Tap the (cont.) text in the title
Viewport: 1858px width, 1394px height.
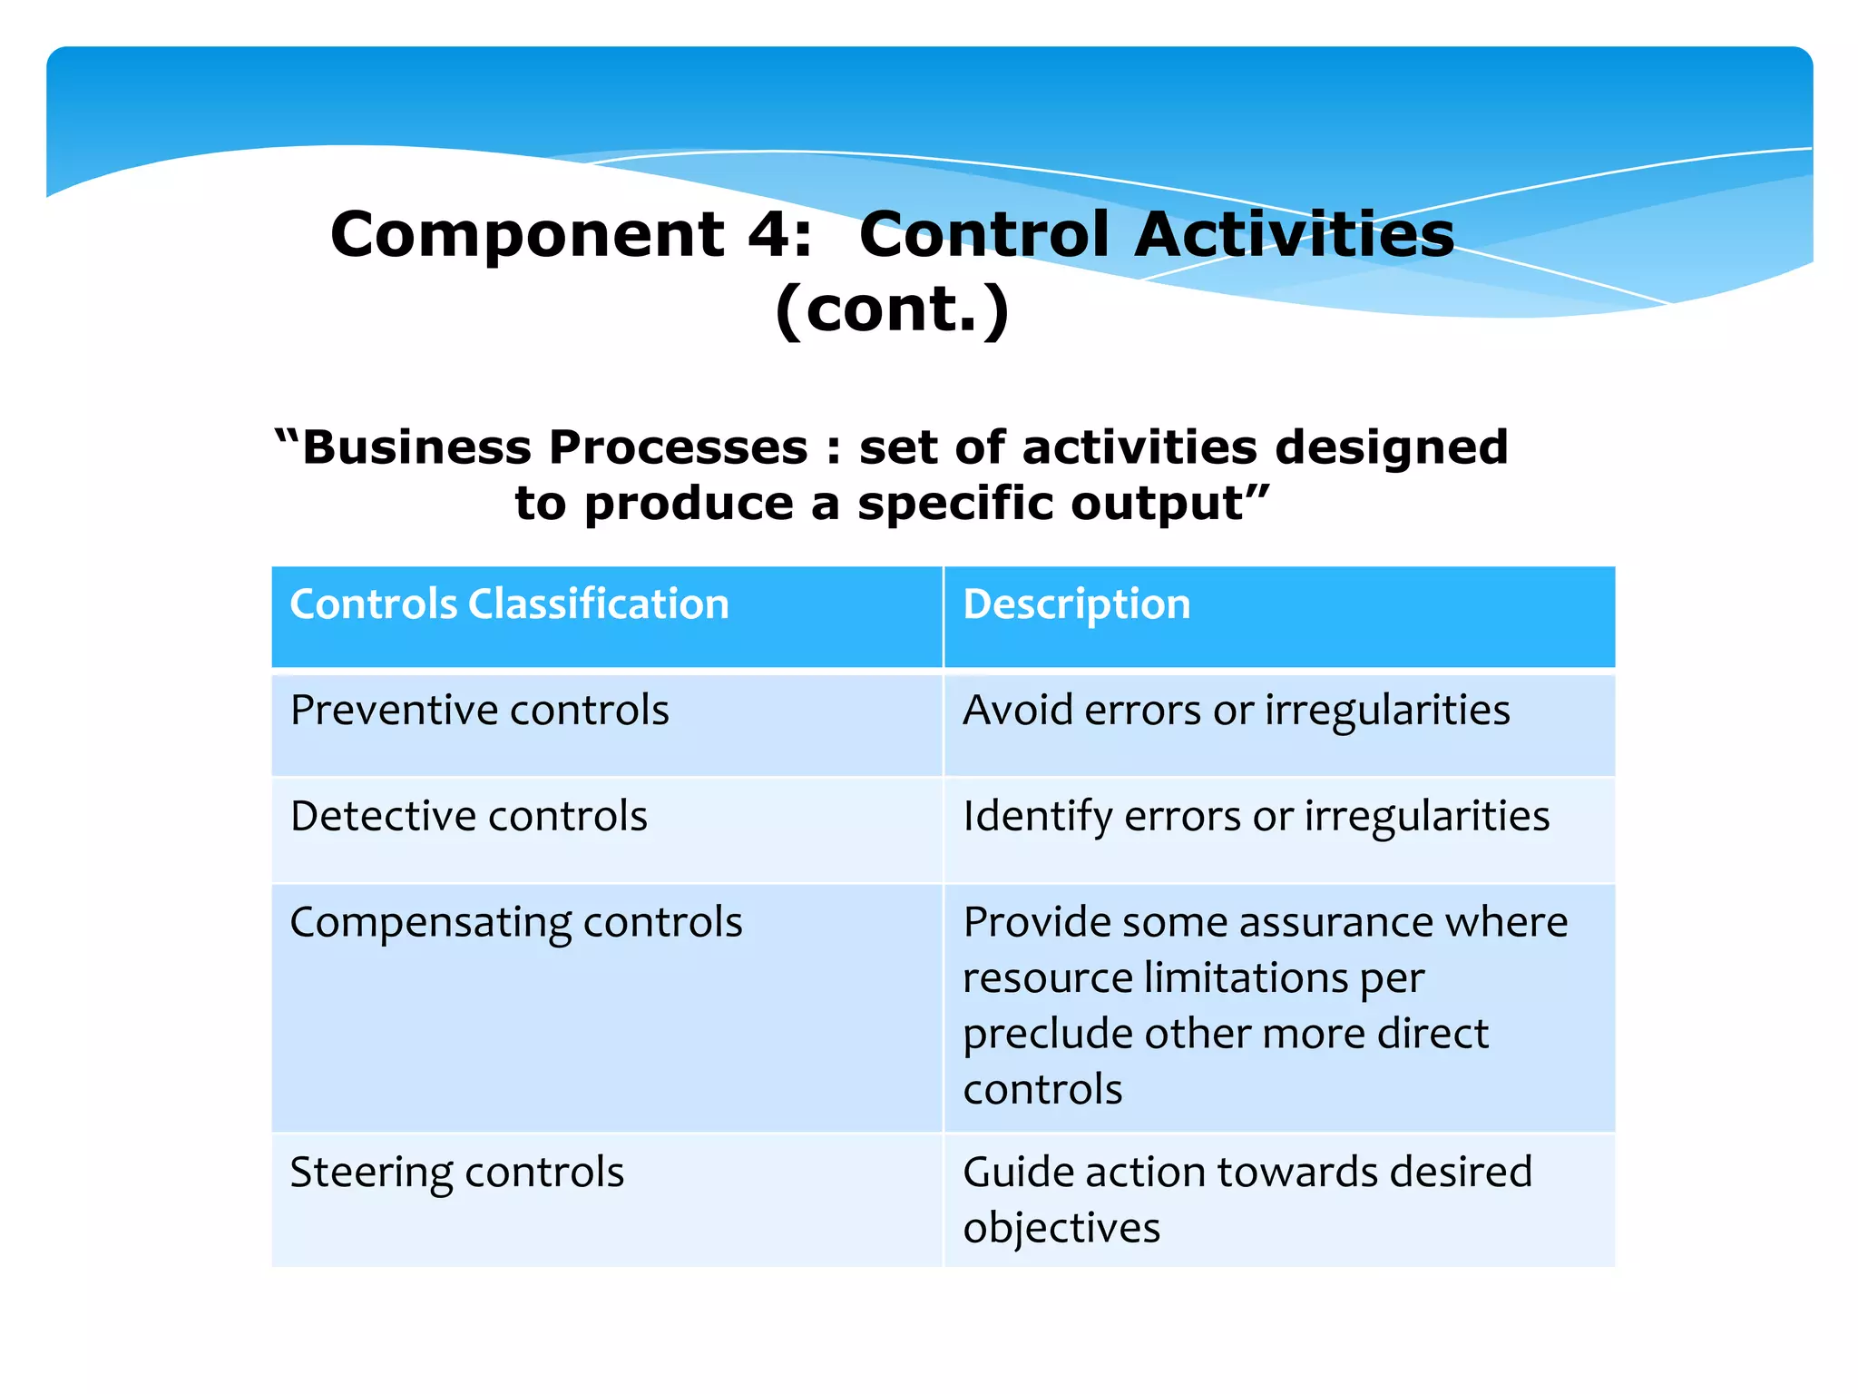[x=892, y=309]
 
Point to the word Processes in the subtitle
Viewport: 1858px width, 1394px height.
[x=678, y=447]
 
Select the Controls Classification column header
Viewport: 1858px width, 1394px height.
[x=509, y=604]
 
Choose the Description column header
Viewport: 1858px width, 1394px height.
[x=1076, y=604]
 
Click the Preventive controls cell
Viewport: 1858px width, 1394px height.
[x=479, y=711]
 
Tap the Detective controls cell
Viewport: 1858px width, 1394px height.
[x=468, y=816]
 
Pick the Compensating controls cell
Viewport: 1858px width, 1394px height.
[x=515, y=922]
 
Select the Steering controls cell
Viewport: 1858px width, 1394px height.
[x=456, y=1172]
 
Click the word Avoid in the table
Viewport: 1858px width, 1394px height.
[x=1018, y=710]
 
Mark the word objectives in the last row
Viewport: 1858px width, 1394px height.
[x=1061, y=1229]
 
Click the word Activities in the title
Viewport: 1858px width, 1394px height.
[x=1294, y=235]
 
